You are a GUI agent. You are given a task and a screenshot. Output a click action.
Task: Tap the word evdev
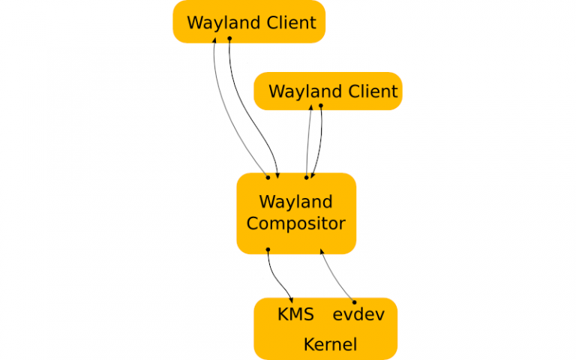click(358, 314)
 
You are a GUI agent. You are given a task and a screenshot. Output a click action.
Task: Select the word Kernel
click(329, 345)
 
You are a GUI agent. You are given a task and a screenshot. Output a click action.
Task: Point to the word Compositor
click(296, 223)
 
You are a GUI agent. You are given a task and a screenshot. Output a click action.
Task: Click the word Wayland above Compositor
click(295, 202)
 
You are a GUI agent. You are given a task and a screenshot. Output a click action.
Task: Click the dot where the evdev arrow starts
click(355, 301)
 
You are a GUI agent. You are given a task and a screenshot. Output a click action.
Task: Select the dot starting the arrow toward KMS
click(268, 249)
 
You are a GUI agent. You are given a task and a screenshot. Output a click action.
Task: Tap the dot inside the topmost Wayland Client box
click(229, 38)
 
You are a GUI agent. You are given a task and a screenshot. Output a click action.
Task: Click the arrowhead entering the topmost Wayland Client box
click(214, 39)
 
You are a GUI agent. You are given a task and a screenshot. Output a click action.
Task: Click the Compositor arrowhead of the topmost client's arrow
click(277, 175)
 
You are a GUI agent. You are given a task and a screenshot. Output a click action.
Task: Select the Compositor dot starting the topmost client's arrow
click(268, 178)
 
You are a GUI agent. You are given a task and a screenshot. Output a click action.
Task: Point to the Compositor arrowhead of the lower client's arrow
click(313, 175)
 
